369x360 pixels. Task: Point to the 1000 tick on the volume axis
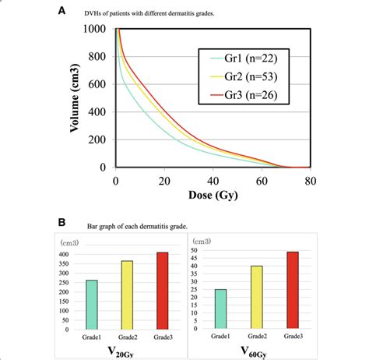coord(97,29)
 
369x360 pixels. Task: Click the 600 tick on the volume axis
coord(100,84)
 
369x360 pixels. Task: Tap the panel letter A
coord(62,9)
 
